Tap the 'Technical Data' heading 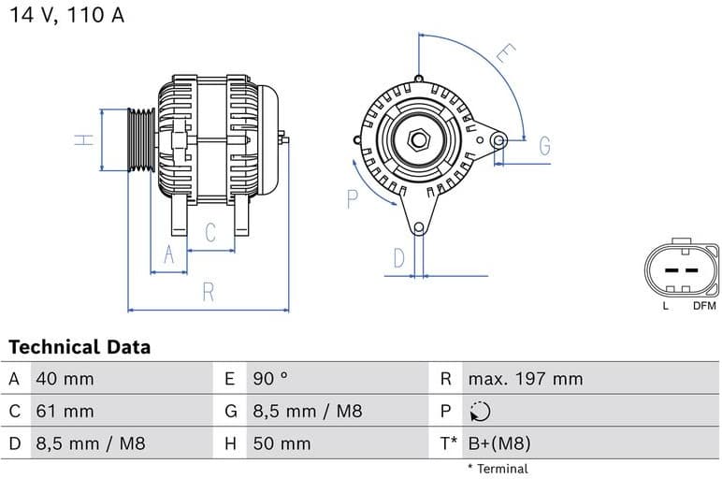coord(79,347)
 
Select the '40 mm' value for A coord(65,379)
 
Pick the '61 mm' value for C coord(65,411)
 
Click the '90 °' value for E coord(270,379)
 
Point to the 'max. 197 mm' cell coord(525,379)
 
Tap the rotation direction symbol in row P coord(480,411)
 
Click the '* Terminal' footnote coord(497,469)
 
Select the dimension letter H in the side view coord(84,139)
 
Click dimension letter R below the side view coord(209,292)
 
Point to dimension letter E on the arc coord(504,53)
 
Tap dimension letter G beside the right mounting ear coord(543,146)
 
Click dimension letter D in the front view coord(398,258)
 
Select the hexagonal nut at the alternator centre coord(419,140)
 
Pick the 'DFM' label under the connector coord(704,305)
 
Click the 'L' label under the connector coord(665,305)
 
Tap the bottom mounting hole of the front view coord(419,227)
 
